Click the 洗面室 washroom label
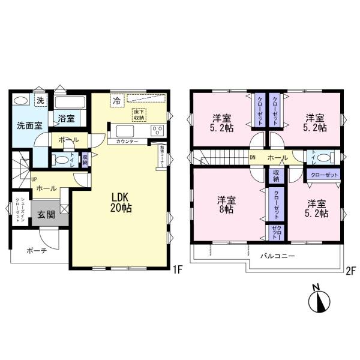(x=28, y=126)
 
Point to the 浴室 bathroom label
(x=67, y=118)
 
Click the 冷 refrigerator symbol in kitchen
(x=116, y=101)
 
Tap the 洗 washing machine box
(x=40, y=100)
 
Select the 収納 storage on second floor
(x=275, y=176)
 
